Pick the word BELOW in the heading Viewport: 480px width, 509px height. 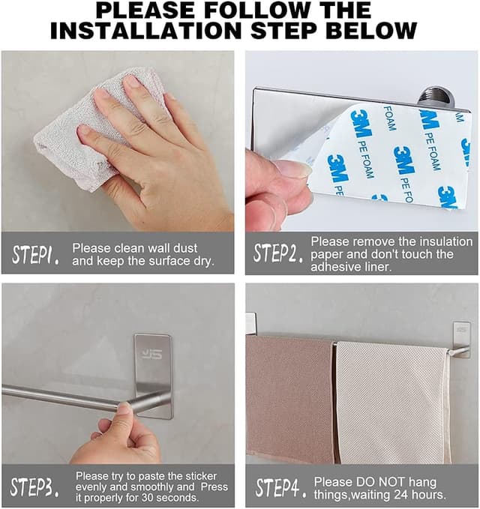pos(375,31)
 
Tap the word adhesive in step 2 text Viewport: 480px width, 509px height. pos(332,267)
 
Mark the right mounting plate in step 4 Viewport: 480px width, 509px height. pos(461,338)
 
